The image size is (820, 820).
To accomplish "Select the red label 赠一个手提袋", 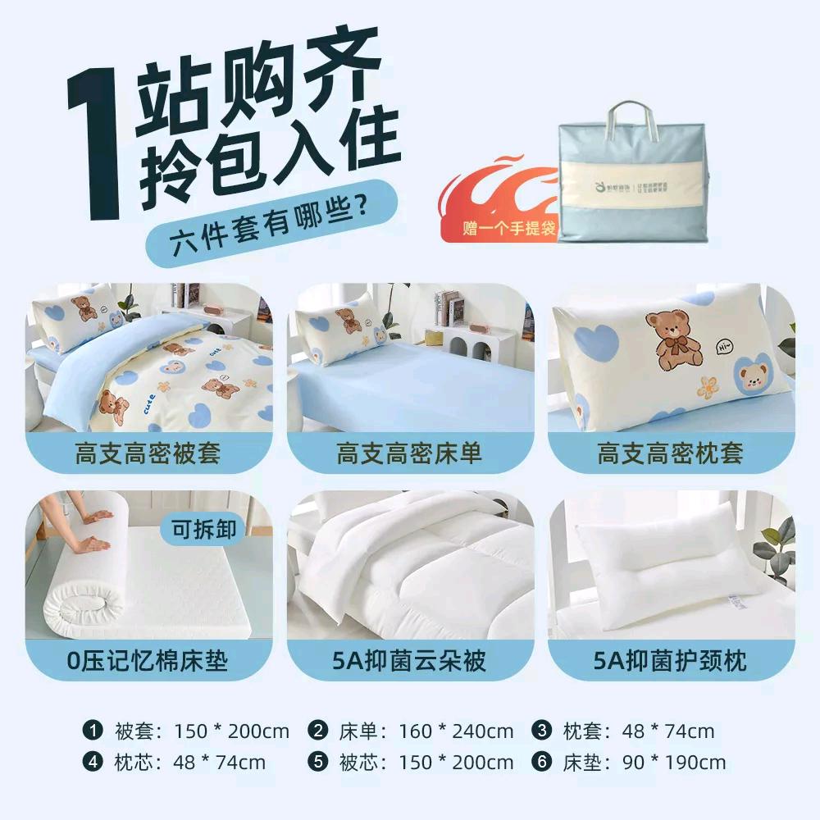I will click(508, 227).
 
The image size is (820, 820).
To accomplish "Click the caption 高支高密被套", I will click(148, 453).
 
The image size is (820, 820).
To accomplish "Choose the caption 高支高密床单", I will click(409, 453).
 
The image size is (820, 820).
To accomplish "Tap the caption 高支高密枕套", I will click(671, 453).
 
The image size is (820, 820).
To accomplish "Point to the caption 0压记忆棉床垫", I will click(148, 660).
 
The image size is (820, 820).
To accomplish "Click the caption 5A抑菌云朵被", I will click(409, 660).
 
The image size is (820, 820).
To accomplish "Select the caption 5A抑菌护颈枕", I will click(671, 660).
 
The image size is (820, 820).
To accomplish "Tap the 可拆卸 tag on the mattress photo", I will click(203, 530).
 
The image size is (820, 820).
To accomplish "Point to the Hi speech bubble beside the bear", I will click(723, 347).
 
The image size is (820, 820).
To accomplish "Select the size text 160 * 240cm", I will click(456, 731).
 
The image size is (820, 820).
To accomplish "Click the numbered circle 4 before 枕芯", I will click(93, 762).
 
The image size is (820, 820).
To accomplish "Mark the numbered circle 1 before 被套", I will click(93, 731).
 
